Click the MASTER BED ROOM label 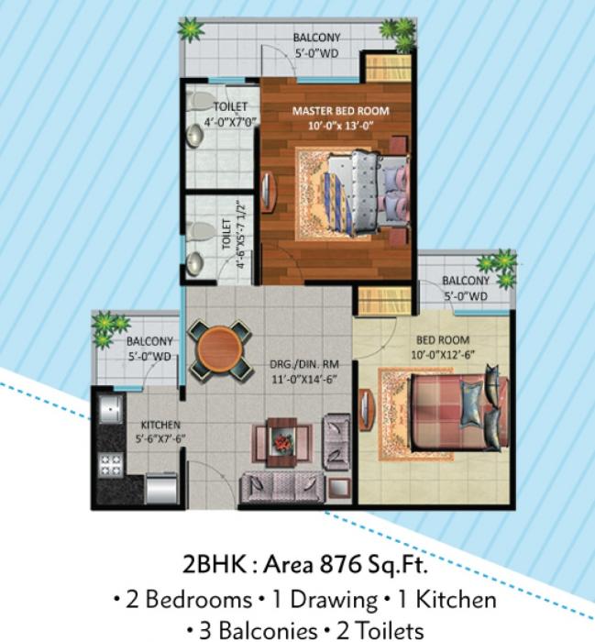point(340,111)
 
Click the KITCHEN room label point(160,425)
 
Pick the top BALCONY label point(317,38)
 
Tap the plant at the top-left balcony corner point(191,30)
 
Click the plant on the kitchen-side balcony point(109,326)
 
